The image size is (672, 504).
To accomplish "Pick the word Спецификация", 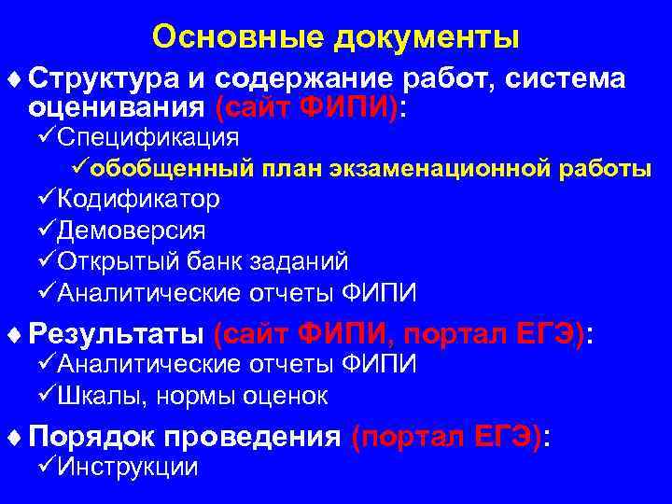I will [x=147, y=138].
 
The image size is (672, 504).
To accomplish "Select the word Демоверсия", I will [x=132, y=231].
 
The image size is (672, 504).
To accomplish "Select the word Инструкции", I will [x=128, y=467].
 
